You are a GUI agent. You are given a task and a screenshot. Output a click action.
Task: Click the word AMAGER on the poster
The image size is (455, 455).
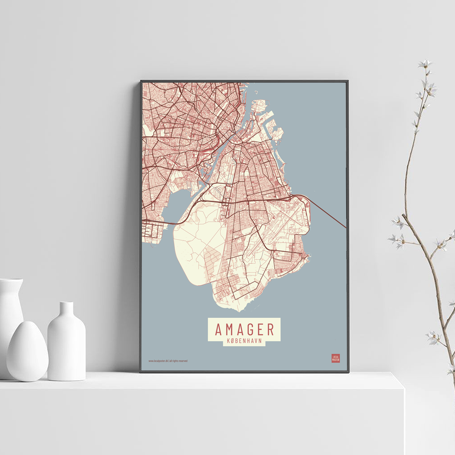pyautogui.click(x=244, y=329)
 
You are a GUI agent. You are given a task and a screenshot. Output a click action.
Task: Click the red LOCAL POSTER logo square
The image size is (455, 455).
pyautogui.click(x=335, y=358)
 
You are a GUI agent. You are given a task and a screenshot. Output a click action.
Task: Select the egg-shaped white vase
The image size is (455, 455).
pyautogui.click(x=27, y=351)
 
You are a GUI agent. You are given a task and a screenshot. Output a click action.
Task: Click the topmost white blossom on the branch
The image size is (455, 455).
pyautogui.click(x=425, y=64)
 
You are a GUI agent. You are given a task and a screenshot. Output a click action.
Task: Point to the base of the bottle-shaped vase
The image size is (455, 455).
pyautogui.click(x=66, y=375)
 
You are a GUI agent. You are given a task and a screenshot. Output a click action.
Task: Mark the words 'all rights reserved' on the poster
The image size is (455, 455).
pyautogui.click(x=178, y=361)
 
